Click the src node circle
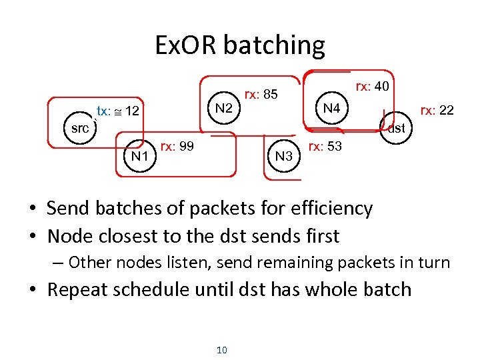pos(80,128)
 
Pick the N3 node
pos(284,157)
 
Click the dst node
pos(396,128)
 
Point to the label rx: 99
pos(177,146)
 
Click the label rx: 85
pos(261,95)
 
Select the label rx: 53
pos(325,146)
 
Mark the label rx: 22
pos(437,110)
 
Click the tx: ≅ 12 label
pos(118,111)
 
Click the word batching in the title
pos(274,46)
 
